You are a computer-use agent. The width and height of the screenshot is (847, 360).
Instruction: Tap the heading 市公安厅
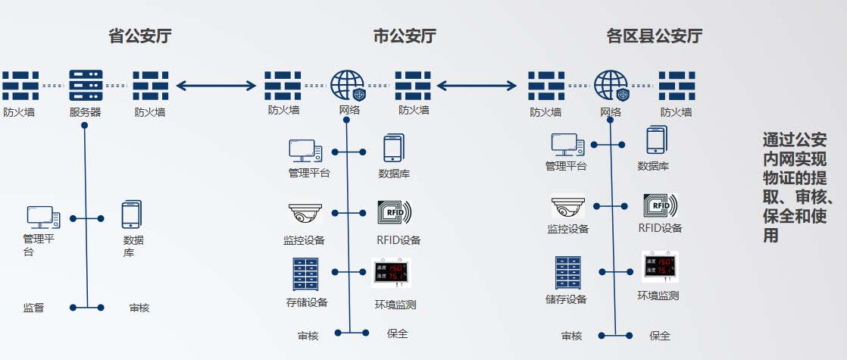coord(405,36)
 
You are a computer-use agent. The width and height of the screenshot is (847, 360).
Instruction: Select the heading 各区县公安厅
coord(654,36)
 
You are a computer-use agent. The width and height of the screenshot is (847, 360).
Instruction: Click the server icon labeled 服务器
coord(85,86)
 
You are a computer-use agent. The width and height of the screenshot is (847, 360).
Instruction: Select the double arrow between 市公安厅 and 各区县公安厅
coord(481,85)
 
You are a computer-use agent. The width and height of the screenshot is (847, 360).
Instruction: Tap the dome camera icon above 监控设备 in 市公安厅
coord(305,214)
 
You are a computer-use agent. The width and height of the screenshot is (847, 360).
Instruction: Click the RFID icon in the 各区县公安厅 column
coord(660,205)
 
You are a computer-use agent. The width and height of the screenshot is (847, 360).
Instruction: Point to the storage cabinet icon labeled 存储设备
coord(306,275)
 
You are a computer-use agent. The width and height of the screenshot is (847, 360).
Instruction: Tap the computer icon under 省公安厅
coord(43,218)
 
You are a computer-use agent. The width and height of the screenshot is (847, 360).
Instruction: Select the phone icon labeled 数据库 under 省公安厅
coord(132,215)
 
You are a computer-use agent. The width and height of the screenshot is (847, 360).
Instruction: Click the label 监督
coord(33,308)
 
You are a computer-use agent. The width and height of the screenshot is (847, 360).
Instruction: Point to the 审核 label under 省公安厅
coord(139,308)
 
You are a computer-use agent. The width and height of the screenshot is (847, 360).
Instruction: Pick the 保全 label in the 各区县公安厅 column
coord(660,336)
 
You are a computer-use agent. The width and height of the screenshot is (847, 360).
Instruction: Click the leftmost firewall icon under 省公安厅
coord(20,86)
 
